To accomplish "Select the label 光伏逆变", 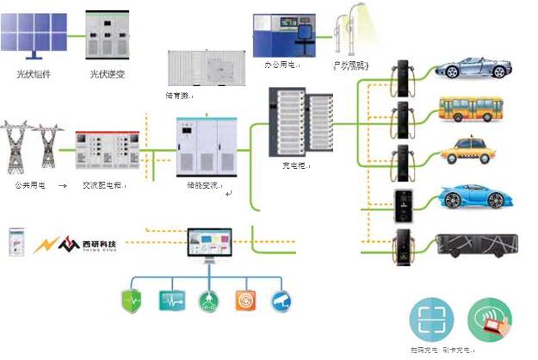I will (108, 74).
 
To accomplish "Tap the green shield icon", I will (132, 300).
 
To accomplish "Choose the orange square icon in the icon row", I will (245, 300).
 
